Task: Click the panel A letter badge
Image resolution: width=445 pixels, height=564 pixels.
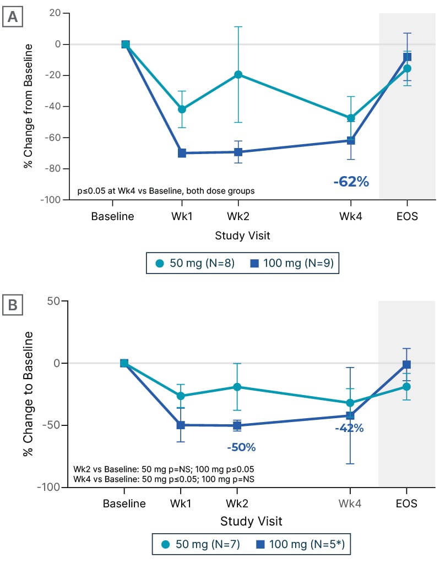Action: click(12, 17)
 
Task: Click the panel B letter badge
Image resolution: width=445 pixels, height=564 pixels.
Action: click(12, 304)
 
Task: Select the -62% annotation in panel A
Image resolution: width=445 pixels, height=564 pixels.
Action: click(351, 181)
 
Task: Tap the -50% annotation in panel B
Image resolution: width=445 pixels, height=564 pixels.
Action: click(241, 447)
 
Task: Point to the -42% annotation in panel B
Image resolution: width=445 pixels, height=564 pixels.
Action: click(349, 428)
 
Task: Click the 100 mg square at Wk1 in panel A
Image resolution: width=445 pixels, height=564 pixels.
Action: click(182, 153)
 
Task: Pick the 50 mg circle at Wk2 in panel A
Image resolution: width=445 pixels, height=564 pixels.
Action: click(238, 74)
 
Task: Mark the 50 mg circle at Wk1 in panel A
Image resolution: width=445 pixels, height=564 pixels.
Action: click(182, 109)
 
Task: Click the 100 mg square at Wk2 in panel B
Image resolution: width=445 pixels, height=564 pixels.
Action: click(237, 425)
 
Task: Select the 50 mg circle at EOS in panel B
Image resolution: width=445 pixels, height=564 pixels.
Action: click(406, 387)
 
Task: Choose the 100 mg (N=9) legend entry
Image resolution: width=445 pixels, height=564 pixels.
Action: click(292, 263)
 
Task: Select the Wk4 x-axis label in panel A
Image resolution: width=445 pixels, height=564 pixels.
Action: click(350, 216)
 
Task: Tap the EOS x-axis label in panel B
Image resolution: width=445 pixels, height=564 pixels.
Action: click(406, 503)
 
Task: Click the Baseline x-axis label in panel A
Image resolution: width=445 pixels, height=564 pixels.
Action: click(112, 216)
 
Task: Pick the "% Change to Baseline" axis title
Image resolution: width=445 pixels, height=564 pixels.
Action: click(28, 393)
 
